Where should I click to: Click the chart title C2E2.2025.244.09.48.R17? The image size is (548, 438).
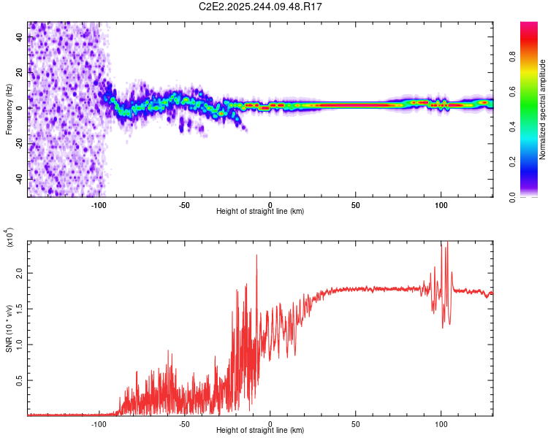(261, 7)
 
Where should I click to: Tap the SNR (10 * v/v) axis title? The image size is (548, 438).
(9, 328)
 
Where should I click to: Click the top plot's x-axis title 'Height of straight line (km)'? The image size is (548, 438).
(261, 211)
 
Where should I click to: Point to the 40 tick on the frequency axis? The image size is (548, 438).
(19, 37)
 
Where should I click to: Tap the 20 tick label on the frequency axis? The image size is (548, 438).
(19, 72)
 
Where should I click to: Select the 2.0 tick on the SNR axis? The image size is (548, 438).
(19, 272)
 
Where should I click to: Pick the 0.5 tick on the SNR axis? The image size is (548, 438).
(19, 380)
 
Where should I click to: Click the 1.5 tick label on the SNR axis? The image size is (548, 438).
(19, 308)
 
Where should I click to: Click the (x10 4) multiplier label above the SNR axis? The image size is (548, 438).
(9, 237)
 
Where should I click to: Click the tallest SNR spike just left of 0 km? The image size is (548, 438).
(256, 256)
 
